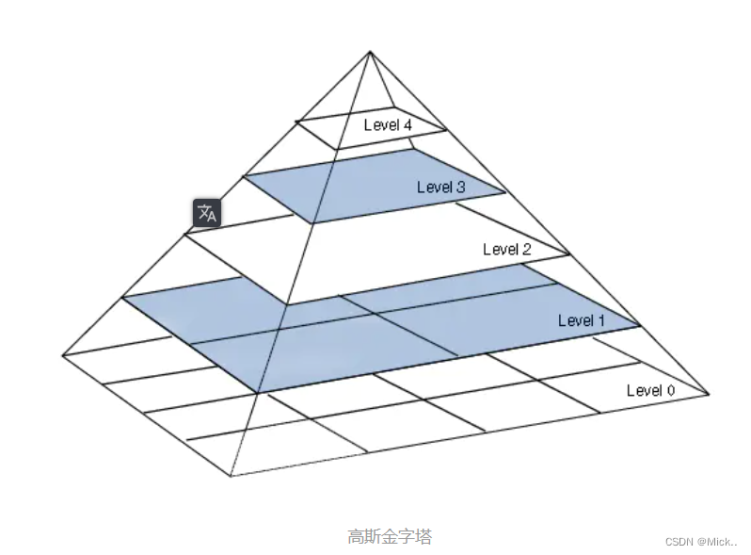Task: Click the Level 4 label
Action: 388,124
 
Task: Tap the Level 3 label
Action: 440,187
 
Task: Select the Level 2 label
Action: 506,249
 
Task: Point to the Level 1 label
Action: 582,320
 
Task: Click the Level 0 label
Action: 650,390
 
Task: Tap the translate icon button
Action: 207,214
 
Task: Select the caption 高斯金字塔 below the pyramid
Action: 390,536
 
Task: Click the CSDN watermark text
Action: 701,542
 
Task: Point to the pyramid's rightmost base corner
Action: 708,394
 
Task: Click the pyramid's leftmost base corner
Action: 62,355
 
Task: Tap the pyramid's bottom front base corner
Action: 231,476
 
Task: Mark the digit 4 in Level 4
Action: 407,124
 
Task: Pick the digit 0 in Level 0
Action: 670,390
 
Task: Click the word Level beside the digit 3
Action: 434,187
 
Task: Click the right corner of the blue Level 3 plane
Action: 505,193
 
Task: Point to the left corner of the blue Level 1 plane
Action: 123,298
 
